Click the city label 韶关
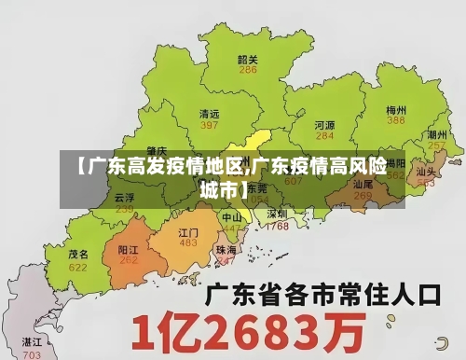(247, 59)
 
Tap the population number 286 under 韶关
(248, 70)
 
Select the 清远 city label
(210, 113)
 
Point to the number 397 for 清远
(210, 125)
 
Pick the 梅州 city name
(396, 109)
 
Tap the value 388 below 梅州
(396, 120)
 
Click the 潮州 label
(435, 134)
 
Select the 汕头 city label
(427, 172)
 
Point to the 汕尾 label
(363, 185)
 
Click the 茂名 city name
(78, 254)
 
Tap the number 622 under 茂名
(78, 267)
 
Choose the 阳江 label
(129, 250)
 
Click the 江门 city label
(188, 231)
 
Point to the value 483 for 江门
(188, 242)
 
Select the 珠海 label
(226, 250)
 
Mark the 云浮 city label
(124, 198)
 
